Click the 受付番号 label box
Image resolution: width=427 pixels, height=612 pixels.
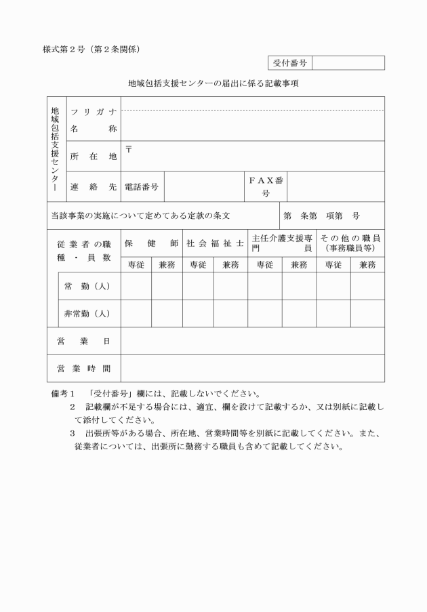(290, 63)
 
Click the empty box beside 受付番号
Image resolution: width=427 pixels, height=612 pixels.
(348, 63)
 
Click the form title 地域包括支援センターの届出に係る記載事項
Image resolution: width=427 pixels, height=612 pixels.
(213, 84)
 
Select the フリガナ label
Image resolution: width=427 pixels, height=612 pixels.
(93, 112)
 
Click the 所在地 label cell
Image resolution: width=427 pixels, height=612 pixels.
(93, 157)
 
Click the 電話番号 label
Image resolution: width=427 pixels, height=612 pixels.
(142, 186)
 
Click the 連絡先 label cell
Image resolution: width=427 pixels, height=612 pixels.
(93, 186)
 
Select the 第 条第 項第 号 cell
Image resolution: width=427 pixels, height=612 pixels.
(331, 216)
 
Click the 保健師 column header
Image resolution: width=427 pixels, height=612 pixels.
(151, 243)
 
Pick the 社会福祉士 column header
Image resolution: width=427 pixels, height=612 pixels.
(214, 243)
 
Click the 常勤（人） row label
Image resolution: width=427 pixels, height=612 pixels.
(87, 285)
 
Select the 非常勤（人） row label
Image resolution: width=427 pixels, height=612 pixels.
(87, 314)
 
